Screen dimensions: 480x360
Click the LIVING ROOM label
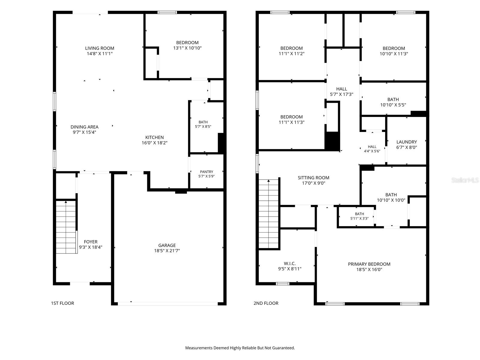[x=100, y=48]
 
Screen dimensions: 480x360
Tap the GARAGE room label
[x=167, y=245]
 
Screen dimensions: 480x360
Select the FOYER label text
[x=91, y=242]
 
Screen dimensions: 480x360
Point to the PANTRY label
[x=206, y=172]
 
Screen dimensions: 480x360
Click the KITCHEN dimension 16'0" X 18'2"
[x=154, y=143]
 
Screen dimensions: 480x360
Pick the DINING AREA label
[x=84, y=127]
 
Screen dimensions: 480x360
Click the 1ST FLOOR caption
[x=62, y=303]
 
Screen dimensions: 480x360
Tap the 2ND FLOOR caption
[x=266, y=303]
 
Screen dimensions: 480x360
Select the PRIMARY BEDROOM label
[x=369, y=264]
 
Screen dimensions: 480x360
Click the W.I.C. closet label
[x=290, y=264]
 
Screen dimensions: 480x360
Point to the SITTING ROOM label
[x=313, y=178]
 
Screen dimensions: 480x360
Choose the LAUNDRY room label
[x=406, y=142]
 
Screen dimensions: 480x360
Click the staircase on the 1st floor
[x=66, y=227]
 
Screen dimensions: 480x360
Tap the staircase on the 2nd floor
[x=268, y=214]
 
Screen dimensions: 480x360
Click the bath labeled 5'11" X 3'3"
[x=359, y=216]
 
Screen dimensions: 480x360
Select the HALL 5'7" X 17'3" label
[x=341, y=91]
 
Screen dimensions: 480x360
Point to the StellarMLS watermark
[x=465, y=180]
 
